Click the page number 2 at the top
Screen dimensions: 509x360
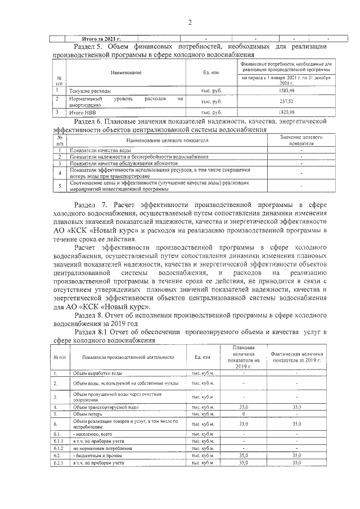(x=190, y=22)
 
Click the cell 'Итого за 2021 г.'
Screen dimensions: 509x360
(x=102, y=39)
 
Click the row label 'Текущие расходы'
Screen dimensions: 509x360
(x=90, y=90)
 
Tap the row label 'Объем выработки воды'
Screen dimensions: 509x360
(x=97, y=373)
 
